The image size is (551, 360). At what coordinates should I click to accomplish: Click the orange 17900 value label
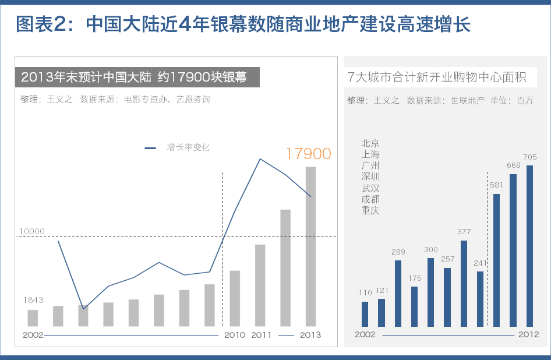[x=308, y=154]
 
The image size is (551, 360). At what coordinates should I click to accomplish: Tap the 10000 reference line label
[x=31, y=231]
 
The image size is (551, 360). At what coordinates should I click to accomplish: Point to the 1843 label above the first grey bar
[x=33, y=300]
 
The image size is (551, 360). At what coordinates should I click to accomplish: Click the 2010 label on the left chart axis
[x=235, y=335]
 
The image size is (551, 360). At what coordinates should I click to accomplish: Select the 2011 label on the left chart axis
[x=262, y=335]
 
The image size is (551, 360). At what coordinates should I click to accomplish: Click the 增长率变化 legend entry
[x=188, y=147]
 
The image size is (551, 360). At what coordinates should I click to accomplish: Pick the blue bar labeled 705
[x=529, y=246]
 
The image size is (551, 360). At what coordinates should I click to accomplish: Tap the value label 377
[x=464, y=231]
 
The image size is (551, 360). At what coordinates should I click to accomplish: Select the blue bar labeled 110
[x=365, y=314]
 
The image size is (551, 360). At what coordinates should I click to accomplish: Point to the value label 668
[x=513, y=165]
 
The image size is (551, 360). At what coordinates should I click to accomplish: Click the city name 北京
[x=370, y=143]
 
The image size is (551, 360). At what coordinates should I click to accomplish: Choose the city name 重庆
[x=370, y=210]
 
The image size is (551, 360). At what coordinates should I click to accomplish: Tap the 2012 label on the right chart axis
[x=528, y=334]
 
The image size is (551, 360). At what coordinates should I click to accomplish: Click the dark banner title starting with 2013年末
[x=133, y=77]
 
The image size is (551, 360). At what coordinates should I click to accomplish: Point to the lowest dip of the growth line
[x=84, y=309]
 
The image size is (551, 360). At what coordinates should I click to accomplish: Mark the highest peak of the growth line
[x=260, y=159]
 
